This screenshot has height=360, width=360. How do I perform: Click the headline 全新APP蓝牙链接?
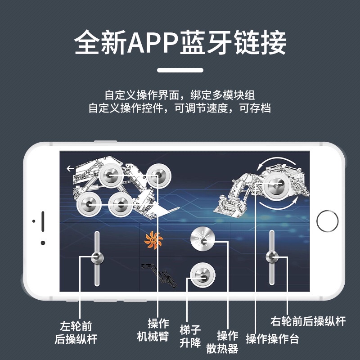180,43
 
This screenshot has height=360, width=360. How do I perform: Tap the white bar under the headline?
180,70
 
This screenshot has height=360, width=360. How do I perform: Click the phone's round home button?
327,220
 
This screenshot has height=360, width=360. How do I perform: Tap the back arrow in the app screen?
70,169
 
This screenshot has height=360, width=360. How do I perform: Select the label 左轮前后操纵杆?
78,332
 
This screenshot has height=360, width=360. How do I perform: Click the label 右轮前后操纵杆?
308,321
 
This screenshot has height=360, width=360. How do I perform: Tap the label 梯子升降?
190,336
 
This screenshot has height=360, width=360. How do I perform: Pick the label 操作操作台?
272,339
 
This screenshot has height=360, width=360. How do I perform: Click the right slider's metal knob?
272,257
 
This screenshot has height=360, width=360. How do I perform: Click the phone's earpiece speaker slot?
43,220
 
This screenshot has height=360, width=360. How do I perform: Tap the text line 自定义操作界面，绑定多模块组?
180,95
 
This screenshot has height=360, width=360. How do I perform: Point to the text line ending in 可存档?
180,108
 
